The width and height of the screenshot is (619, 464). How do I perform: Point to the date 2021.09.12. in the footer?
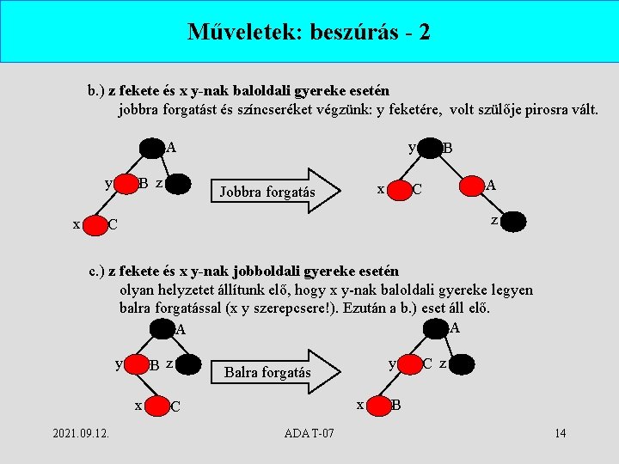tap(80, 432)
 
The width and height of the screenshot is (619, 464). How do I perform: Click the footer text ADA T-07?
tap(309, 432)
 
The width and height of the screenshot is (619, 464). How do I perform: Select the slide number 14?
tap(560, 432)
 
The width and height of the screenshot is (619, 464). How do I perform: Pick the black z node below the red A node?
tap(513, 222)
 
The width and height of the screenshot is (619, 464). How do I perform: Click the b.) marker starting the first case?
tap(95, 90)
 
